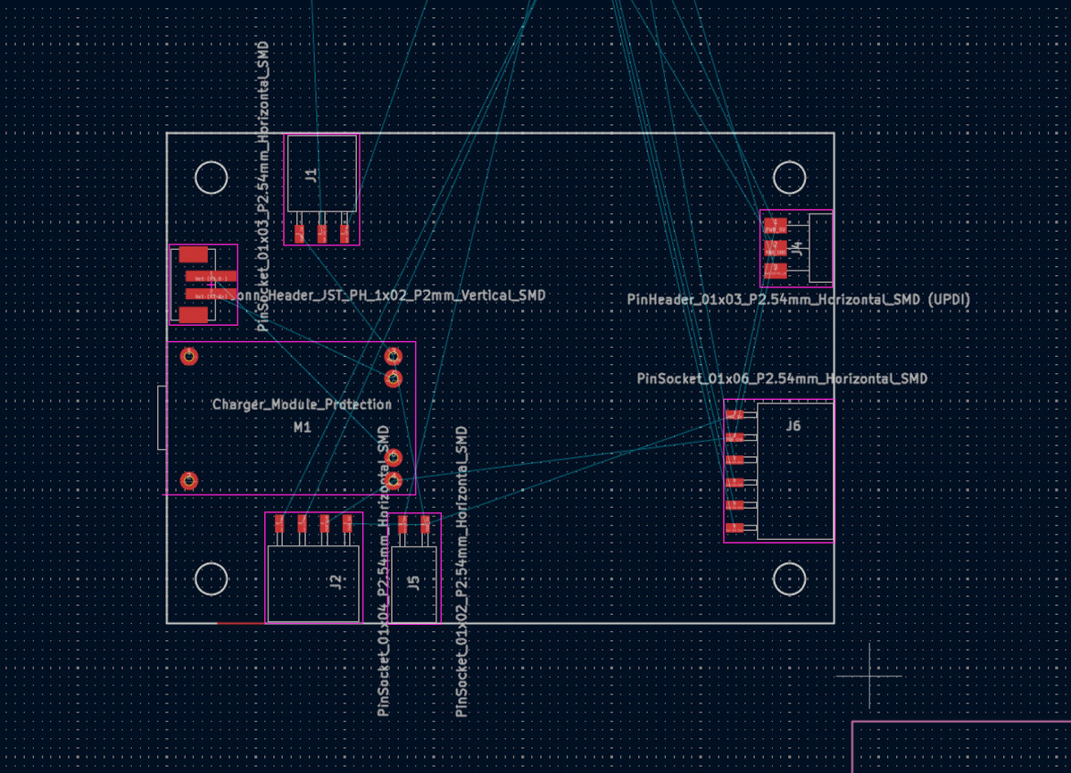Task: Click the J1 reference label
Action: click(x=311, y=175)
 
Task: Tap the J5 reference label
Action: click(x=412, y=583)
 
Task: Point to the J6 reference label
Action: click(x=793, y=426)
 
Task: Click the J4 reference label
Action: click(x=797, y=248)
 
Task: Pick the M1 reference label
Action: click(x=303, y=428)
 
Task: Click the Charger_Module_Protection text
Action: click(x=302, y=404)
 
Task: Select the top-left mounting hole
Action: click(x=212, y=178)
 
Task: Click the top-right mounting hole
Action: click(x=790, y=178)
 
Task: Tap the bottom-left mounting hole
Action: click(x=212, y=579)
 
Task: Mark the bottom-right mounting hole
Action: click(x=790, y=579)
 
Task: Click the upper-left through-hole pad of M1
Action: click(x=189, y=357)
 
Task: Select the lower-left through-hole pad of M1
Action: click(x=189, y=481)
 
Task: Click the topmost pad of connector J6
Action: click(x=735, y=415)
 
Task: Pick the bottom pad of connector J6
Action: click(x=735, y=528)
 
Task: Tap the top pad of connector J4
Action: click(x=775, y=226)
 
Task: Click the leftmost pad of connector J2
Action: click(x=279, y=522)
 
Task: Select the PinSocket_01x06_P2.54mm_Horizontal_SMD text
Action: click(x=782, y=379)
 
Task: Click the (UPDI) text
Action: click(x=949, y=300)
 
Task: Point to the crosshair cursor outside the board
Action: click(x=870, y=676)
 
